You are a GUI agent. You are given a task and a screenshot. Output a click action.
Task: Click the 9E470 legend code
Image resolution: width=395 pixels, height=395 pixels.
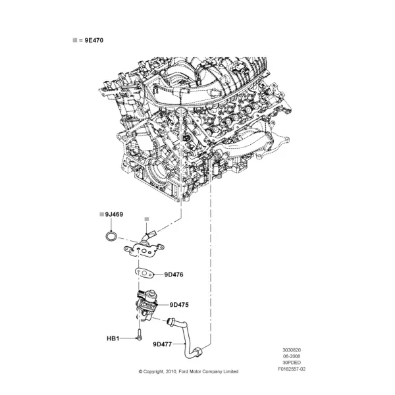[x=93, y=40]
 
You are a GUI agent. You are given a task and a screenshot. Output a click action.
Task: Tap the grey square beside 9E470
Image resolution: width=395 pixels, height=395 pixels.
[x=75, y=40]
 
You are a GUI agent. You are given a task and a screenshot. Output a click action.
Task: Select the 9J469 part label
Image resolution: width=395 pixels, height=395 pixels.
[x=114, y=215]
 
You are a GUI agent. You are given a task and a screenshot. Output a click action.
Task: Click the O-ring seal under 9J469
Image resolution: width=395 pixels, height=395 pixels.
[x=111, y=236]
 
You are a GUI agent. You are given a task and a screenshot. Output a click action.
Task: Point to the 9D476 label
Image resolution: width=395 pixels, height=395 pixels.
[x=174, y=275]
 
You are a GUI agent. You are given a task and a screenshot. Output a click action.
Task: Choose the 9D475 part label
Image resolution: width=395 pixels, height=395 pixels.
[x=179, y=305]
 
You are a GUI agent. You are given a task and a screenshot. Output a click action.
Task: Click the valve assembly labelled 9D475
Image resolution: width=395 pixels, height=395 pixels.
[x=147, y=305]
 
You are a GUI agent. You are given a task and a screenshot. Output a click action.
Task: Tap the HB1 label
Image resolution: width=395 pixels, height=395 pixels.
[x=113, y=338]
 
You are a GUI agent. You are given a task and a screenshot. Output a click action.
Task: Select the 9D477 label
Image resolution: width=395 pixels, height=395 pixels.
[x=163, y=344]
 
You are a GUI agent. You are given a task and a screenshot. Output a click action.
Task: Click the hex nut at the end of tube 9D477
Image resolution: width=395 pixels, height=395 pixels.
[x=197, y=352]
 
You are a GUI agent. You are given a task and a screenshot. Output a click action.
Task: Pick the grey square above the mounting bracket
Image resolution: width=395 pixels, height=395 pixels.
[x=147, y=219]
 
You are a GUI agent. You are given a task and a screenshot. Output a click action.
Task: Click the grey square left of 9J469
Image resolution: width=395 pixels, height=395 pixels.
[x=102, y=215]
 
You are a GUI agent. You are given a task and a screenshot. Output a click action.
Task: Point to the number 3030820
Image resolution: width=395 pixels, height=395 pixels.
[x=292, y=350]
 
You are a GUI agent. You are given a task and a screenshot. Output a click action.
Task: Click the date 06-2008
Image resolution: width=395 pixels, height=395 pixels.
[x=292, y=356]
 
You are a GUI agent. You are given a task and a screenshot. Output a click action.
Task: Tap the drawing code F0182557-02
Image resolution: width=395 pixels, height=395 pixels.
[x=292, y=369]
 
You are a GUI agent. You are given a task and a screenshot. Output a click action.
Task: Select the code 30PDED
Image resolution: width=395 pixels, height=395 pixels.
[x=292, y=363]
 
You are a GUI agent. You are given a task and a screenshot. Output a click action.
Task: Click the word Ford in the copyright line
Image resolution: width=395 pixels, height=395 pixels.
[x=184, y=371]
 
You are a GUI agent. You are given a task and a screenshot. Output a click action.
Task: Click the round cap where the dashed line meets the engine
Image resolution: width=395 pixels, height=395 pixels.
[x=180, y=111]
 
